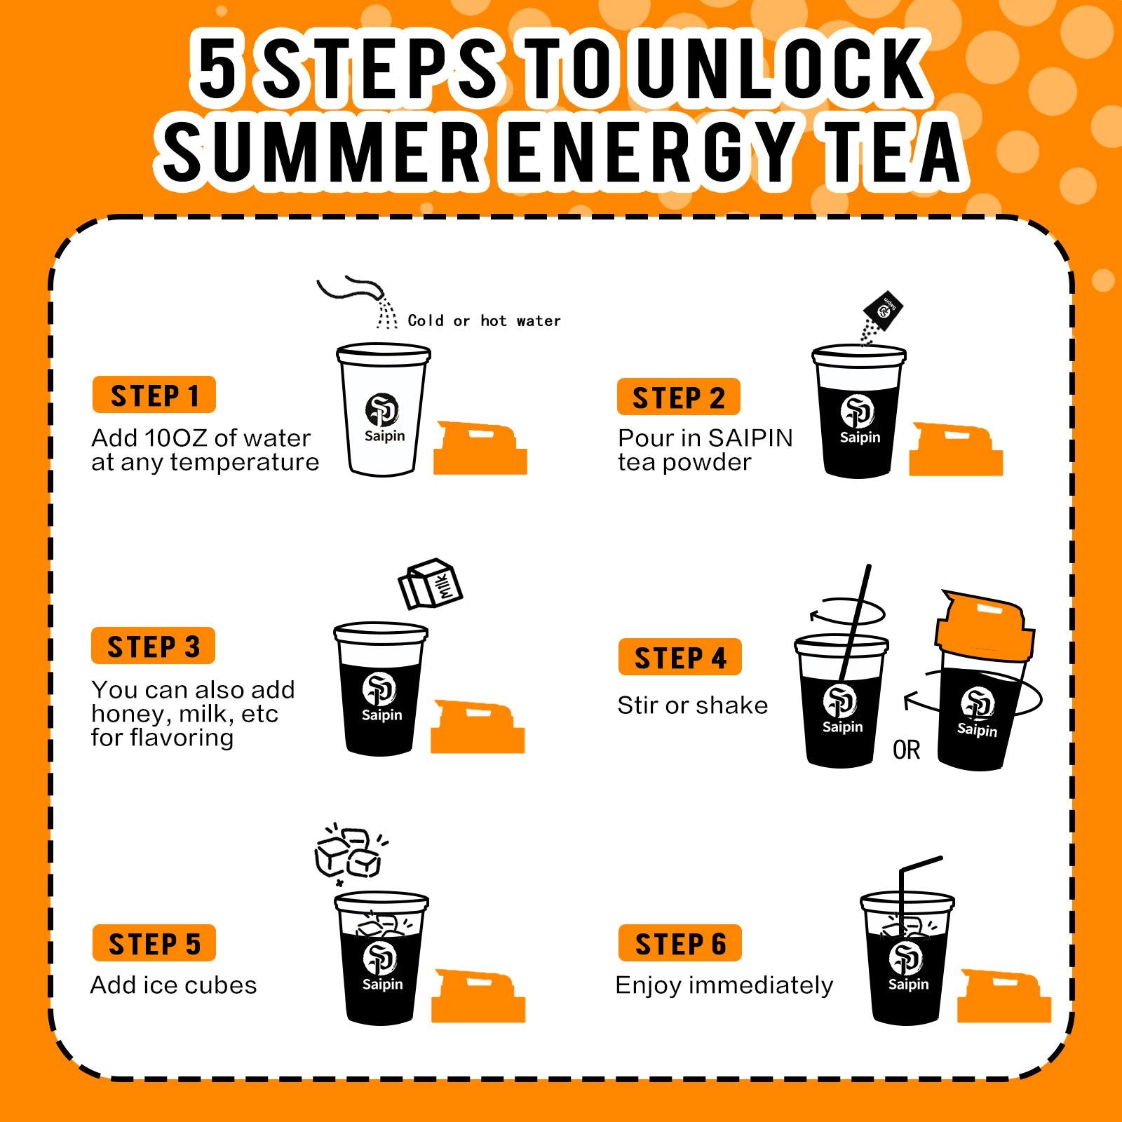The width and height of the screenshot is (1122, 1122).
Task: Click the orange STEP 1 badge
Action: pos(154,396)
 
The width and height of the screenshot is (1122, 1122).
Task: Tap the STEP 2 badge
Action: pos(678,398)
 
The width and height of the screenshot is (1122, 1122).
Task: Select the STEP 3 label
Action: pos(153,646)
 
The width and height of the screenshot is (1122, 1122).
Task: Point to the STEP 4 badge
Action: pos(680,657)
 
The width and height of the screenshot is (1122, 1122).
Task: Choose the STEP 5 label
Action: pos(154,943)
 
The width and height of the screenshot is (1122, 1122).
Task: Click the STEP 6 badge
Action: pos(680,943)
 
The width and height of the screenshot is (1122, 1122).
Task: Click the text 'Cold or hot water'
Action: pos(485,321)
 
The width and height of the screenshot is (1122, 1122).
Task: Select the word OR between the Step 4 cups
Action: pos(906,750)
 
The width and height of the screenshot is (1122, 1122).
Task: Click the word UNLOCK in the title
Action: pos(783,69)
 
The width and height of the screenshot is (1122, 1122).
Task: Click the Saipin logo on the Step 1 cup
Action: pos(383,418)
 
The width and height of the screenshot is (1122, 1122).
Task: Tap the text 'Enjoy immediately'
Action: pos(724,985)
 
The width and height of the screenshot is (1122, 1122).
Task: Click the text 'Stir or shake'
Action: pos(693,705)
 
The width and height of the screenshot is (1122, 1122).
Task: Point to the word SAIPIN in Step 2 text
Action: pos(750,438)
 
